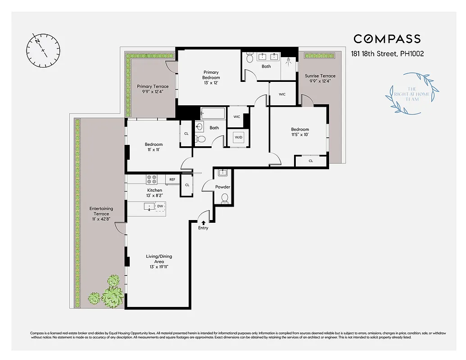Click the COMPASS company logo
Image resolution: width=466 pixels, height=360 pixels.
tap(387, 39)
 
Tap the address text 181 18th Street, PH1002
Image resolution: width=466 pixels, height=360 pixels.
tap(387, 54)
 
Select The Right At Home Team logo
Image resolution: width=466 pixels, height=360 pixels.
tap(413, 93)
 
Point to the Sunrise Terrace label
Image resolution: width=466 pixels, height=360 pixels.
tap(320, 78)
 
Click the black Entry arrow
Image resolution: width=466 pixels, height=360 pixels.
tap(204, 222)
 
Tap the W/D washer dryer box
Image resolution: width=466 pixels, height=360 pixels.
tap(238, 138)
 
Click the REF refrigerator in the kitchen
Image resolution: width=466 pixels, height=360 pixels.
tap(172, 180)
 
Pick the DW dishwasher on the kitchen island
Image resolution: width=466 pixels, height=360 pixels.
tap(160, 207)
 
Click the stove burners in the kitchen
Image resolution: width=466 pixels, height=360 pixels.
tap(152, 179)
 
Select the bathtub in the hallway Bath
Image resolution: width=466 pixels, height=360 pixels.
tap(213, 112)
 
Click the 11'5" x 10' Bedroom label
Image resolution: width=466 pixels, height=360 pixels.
tap(300, 132)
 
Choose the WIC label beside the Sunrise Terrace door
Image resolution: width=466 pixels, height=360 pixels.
tap(282, 94)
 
